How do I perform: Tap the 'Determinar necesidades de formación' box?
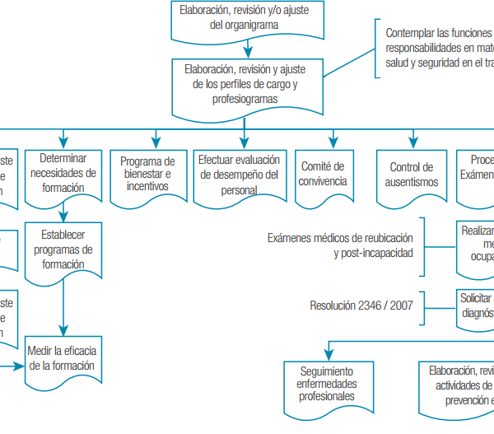(x=63, y=174)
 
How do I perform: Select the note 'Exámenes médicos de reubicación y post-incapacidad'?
(x=340, y=245)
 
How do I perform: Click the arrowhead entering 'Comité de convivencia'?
(x=333, y=142)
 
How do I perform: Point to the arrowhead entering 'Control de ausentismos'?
(x=413, y=142)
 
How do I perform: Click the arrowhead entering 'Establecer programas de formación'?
(x=63, y=216)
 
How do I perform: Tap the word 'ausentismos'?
(x=414, y=182)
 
